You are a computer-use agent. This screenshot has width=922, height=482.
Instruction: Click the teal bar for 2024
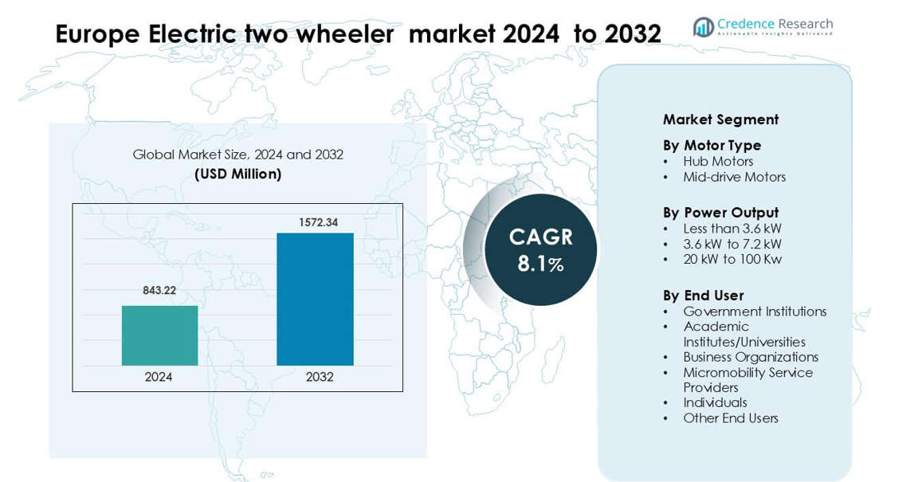160,335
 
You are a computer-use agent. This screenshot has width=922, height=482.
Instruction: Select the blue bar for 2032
316,300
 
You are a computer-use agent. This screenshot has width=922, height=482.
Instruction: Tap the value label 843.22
159,290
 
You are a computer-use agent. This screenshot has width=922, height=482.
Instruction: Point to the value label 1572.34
318,222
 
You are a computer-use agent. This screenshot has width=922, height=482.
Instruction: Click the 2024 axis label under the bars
158,377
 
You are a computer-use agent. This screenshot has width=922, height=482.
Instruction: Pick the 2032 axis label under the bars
320,377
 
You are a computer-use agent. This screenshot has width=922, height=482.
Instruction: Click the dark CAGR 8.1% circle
540,250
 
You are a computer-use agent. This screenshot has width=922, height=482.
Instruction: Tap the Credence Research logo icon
704,26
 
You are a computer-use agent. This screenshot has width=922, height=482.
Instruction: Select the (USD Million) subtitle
238,174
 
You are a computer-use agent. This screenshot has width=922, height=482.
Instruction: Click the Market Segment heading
721,120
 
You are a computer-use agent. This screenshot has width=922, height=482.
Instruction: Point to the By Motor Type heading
712,145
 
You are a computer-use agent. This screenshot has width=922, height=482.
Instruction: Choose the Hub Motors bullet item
718,161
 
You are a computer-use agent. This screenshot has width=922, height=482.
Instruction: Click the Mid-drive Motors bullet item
735,177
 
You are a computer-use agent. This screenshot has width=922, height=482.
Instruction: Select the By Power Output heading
721,213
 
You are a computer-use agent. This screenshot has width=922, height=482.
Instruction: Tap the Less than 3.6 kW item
732,229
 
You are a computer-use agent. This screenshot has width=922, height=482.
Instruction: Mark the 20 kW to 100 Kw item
732,259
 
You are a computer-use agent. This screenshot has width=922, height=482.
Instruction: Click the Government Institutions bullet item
755,312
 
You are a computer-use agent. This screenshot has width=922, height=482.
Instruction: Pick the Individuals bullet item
715,402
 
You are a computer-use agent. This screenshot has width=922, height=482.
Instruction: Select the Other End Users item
731,418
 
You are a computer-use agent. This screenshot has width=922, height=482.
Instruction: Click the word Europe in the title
98,35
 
